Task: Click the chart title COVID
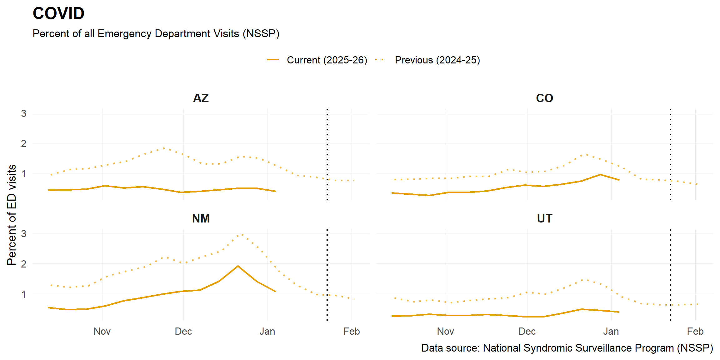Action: (x=58, y=13)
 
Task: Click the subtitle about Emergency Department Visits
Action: (x=156, y=33)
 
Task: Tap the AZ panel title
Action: (x=201, y=98)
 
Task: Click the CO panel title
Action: (x=544, y=98)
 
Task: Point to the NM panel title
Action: (x=201, y=218)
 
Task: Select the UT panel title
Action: (x=544, y=218)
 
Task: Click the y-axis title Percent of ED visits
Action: (x=12, y=215)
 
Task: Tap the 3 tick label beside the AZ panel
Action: (x=24, y=113)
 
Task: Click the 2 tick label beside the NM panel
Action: (x=24, y=264)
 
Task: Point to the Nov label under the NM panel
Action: (x=102, y=331)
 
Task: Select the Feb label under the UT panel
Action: (x=695, y=331)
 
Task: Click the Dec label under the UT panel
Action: (x=527, y=331)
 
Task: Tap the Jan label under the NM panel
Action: (x=267, y=331)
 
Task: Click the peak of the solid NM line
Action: (x=238, y=266)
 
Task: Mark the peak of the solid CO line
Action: (x=600, y=174)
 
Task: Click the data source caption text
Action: (x=567, y=348)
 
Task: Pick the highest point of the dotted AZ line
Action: (x=164, y=148)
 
